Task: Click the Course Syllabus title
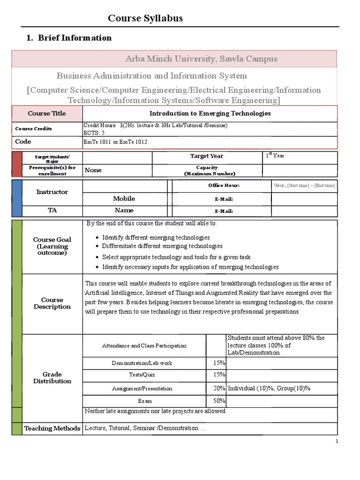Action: pos(145,19)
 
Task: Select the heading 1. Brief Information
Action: pos(69,38)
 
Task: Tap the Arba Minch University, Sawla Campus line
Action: pos(201,59)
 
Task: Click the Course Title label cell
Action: pos(47,113)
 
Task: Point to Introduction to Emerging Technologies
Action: pos(210,113)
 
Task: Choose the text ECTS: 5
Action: pos(95,133)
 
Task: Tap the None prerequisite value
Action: pos(93,170)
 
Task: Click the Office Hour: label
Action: pos(224,186)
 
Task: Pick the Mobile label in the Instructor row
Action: pos(124,199)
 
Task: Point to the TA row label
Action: pos(52,210)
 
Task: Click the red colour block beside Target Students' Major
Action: pos(17,164)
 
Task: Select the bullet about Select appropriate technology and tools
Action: pos(176,257)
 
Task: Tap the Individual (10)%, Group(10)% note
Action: pos(269,388)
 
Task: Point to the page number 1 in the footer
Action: pos(337,442)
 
